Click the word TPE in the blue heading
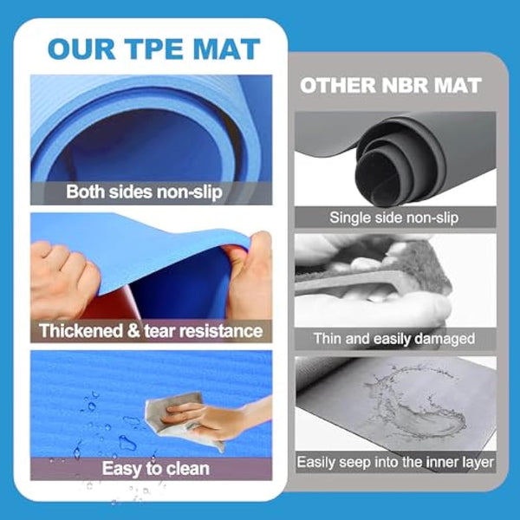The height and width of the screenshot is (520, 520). pos(155,49)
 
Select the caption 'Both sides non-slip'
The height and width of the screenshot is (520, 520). pos(144,192)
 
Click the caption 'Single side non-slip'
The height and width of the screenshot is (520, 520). pos(394,218)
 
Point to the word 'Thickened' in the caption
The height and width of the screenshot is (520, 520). pos(81,331)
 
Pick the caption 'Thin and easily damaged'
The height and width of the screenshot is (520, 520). pos(394,339)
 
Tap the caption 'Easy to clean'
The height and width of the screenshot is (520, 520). pos(155,469)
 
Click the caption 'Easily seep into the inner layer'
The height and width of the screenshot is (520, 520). pos(395,462)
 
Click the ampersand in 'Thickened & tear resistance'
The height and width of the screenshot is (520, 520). pos(133,331)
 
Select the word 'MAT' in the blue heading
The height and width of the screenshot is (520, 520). pos(226,49)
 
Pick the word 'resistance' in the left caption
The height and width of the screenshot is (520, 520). pos(221,331)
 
